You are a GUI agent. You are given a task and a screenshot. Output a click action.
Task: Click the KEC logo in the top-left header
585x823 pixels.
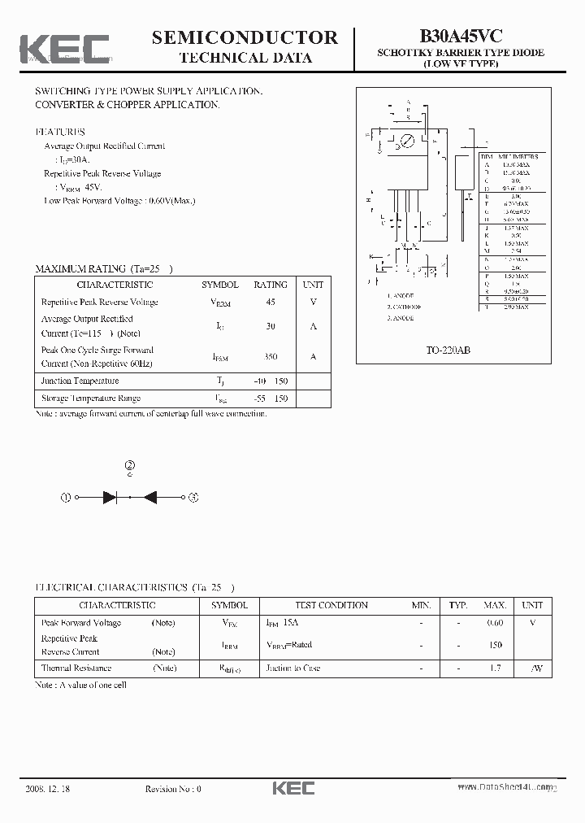click(x=64, y=48)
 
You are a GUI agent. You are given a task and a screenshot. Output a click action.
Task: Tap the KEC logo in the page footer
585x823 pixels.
click(x=292, y=788)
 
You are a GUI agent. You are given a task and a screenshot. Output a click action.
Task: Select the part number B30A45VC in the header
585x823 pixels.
click(x=461, y=36)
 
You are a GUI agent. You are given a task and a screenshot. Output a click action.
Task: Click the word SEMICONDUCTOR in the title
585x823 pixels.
click(x=245, y=37)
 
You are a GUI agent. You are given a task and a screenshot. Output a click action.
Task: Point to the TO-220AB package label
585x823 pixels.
click(x=448, y=350)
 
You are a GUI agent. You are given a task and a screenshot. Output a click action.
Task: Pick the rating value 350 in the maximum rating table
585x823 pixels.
click(x=271, y=357)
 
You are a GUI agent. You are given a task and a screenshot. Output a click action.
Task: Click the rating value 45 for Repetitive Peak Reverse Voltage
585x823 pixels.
click(x=271, y=302)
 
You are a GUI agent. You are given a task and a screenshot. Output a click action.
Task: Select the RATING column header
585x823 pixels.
click(x=271, y=285)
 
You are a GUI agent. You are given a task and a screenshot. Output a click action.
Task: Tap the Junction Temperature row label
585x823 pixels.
click(x=80, y=381)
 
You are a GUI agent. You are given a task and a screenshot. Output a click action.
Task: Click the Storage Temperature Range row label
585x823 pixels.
click(x=90, y=398)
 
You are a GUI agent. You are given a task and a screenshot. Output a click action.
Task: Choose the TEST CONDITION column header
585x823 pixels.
click(x=331, y=605)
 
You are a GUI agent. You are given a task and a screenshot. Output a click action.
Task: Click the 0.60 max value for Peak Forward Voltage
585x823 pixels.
click(x=495, y=623)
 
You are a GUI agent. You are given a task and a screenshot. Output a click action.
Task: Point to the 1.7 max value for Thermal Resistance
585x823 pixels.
click(x=495, y=668)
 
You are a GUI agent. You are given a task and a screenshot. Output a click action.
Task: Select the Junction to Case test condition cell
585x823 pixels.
click(x=292, y=668)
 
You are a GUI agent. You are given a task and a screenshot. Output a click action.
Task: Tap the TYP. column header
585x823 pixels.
click(x=458, y=605)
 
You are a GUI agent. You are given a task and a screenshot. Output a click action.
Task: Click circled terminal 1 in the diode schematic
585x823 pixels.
click(x=67, y=498)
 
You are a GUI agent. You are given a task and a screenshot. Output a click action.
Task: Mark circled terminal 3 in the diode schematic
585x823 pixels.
click(x=193, y=498)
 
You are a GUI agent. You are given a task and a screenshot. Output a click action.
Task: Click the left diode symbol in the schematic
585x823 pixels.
click(x=110, y=498)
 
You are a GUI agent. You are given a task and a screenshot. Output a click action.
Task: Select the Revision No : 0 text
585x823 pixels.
click(x=172, y=788)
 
